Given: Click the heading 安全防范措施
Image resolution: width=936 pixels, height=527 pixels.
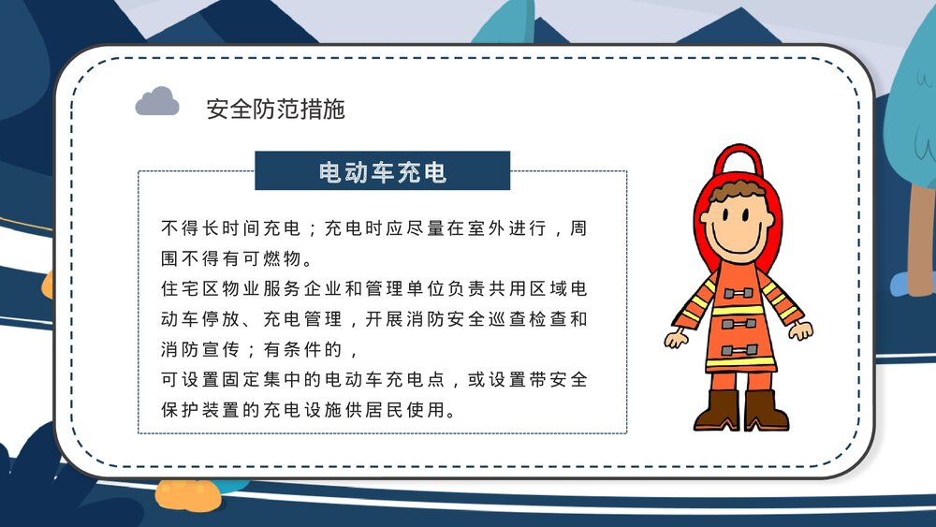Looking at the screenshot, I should [x=275, y=109].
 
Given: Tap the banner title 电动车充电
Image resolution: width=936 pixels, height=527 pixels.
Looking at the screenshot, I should [x=382, y=171].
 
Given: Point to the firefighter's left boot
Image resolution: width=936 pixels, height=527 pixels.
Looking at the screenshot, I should [x=716, y=410].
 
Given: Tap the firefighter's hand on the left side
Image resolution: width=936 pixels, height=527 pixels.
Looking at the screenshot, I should [x=675, y=337].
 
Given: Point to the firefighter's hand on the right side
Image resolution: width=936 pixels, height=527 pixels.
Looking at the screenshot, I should [x=801, y=329].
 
